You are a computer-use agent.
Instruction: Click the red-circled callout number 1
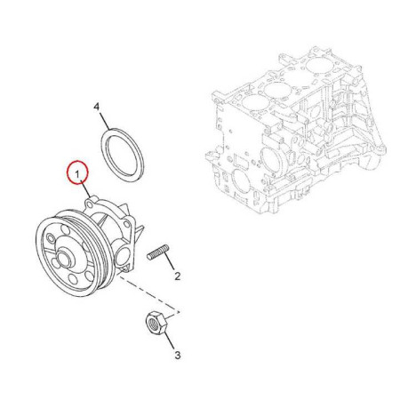[x=77, y=174]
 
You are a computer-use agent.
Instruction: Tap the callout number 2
[x=177, y=276]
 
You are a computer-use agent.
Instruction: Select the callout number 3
[x=178, y=355]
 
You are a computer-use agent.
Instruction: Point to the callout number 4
[x=97, y=107]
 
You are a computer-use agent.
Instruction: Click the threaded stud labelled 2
[x=158, y=252]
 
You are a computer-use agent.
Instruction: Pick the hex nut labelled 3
[x=156, y=323]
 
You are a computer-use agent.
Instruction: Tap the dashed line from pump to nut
[x=148, y=293]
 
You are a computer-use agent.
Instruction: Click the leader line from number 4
[x=105, y=121]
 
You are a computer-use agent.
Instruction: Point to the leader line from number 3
[x=169, y=341]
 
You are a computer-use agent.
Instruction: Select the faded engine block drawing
[x=295, y=131]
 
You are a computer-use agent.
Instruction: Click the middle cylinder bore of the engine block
[x=276, y=90]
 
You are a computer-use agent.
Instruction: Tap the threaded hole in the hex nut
[x=153, y=322]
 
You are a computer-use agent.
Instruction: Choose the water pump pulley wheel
[x=73, y=256]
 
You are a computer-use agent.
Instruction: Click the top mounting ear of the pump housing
[x=90, y=203]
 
